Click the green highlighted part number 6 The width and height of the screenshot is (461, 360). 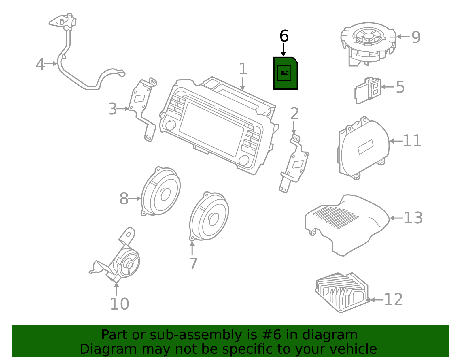pos(285,73)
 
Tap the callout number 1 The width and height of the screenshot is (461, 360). pos(243,69)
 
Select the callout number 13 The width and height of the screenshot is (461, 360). pos(413,218)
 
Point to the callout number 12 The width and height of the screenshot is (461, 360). pos(393,299)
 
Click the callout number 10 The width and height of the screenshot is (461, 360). pos(119,304)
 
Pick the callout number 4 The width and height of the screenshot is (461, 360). pos(40,64)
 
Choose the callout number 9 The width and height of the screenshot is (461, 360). pos(416,37)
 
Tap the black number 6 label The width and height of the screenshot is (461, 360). pos(284,36)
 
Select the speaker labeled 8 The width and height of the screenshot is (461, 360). pos(161,192)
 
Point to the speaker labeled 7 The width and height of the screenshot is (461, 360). pos(209,216)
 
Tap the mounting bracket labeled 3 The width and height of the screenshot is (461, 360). pos(142,110)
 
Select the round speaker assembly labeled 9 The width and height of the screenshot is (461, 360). pos(368,43)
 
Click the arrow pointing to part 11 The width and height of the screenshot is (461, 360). pos(396,141)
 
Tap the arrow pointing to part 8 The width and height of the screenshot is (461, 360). pos(135,199)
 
